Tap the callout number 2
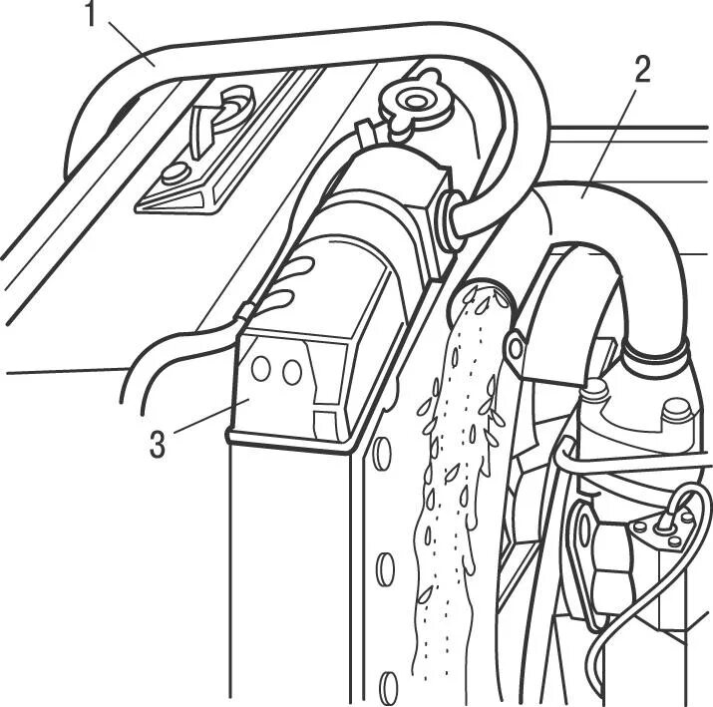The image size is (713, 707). coord(641,69)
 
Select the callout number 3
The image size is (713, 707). coord(158,444)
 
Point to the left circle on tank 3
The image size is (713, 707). coord(262,368)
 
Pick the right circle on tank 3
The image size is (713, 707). coord(291,372)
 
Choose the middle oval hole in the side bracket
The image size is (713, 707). coord(385,571)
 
